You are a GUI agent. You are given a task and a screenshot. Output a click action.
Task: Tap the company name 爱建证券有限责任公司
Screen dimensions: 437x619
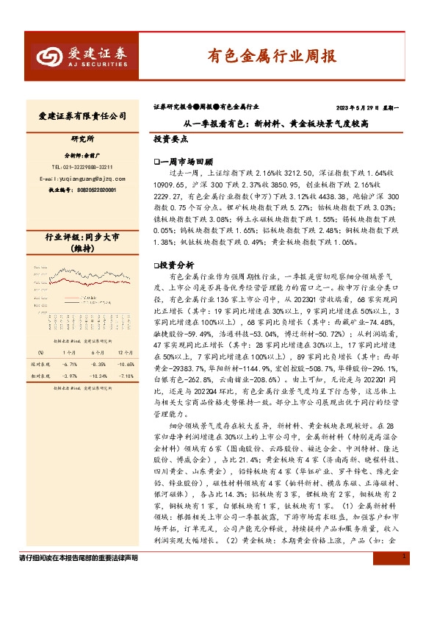[82, 116]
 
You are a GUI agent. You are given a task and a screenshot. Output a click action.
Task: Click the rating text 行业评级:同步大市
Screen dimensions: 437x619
[82, 237]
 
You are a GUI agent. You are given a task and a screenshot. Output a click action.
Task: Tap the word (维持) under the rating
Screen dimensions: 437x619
[82, 249]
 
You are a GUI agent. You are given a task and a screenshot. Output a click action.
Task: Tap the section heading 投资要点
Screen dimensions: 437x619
[171, 138]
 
